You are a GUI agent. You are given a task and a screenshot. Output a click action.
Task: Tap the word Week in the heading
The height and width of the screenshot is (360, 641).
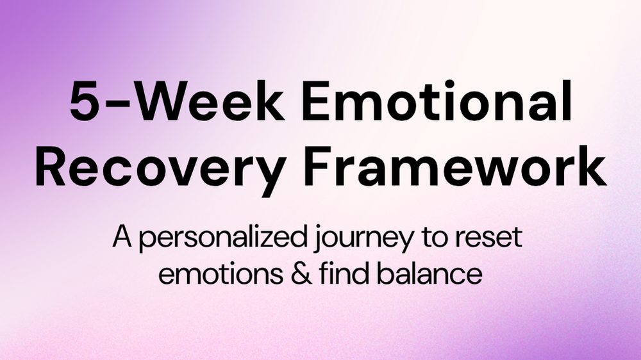[209, 99]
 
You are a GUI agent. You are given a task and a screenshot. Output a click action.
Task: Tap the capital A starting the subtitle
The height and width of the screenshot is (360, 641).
[122, 236]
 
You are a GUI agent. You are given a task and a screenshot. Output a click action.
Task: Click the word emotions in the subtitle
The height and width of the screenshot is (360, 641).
[221, 274]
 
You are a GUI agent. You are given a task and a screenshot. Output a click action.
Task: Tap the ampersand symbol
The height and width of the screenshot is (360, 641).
[302, 274]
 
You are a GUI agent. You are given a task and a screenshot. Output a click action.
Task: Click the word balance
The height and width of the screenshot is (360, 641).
[429, 272]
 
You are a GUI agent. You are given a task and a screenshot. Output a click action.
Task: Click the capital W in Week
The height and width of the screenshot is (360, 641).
[158, 101]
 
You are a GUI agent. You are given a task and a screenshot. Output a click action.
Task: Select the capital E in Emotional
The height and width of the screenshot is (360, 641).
[315, 101]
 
